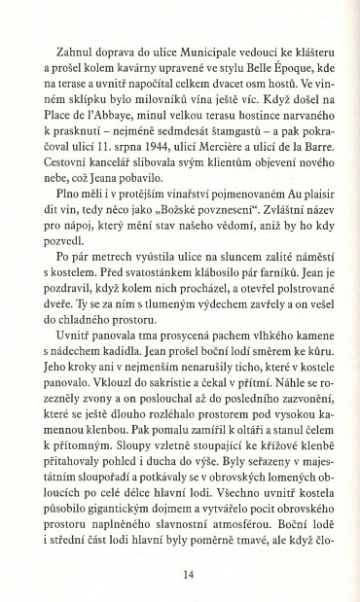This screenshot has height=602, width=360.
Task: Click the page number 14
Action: click(x=180, y=574)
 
